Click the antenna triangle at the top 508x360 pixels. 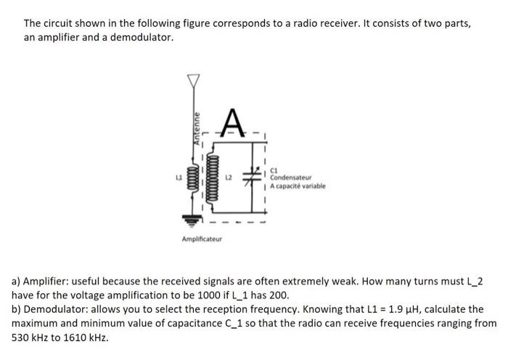192,79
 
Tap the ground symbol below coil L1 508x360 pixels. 192,216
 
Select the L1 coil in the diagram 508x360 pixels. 192,177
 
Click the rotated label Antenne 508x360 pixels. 197,131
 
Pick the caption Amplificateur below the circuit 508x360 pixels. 202,238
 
